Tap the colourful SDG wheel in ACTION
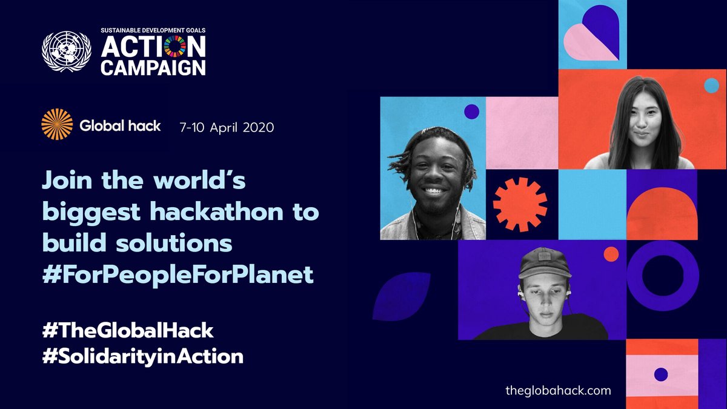coord(176,48)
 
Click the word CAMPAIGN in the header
coord(153,66)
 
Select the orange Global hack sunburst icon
coord(57,125)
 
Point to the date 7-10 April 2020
coord(227,127)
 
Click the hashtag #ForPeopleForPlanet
coord(178,274)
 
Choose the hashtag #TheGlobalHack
coord(128,330)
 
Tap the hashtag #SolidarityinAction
coord(142,356)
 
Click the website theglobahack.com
coord(558,390)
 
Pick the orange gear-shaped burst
coord(520,205)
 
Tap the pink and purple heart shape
coord(591,33)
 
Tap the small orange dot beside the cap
coord(611,254)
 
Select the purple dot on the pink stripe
coord(661,374)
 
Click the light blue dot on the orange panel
coord(711,85)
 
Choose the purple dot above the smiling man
coord(471,111)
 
